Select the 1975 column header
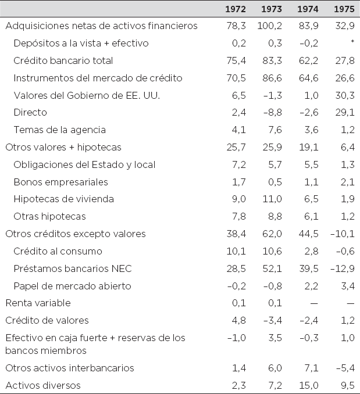tap(344, 9)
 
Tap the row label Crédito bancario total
tap(63, 60)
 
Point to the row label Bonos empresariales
tap(60, 182)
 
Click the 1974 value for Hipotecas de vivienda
tap(311, 199)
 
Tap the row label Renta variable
tap(38, 303)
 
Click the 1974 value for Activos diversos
tap(308, 385)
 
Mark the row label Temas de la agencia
tap(60, 130)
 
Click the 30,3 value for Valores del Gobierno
tap(344, 95)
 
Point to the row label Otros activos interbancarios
tap(70, 367)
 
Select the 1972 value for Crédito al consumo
tap(238, 251)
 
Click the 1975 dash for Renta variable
tap(350, 303)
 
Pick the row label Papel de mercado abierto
tap(72, 286)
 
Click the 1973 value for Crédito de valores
tap(272, 320)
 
